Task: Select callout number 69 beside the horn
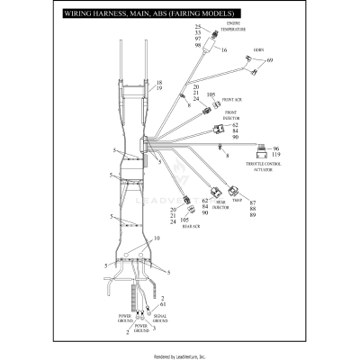point(270,60)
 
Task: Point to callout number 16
point(223,51)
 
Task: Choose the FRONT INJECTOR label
point(236,116)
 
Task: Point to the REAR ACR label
point(190,226)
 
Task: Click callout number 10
point(157,239)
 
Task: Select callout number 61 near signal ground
point(163,305)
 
